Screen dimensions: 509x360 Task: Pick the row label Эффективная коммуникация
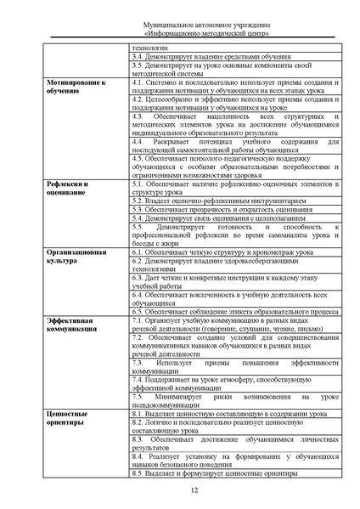[70, 326]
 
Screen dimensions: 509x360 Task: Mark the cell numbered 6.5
[233, 313]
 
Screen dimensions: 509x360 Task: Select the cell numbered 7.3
[234, 366]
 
